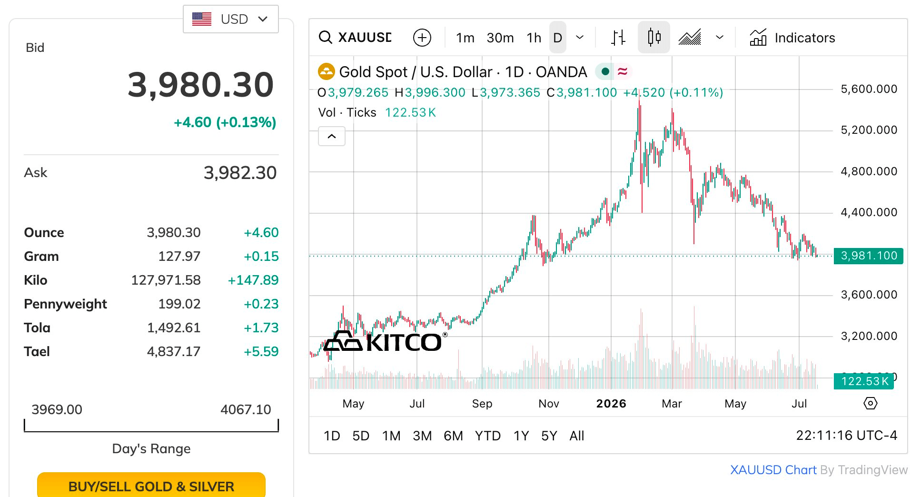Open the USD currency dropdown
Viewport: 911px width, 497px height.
231,19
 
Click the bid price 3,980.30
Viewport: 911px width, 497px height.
201,85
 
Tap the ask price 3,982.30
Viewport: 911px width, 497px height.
240,173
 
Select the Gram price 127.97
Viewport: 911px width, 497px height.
179,256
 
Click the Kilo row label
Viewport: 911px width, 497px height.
36,280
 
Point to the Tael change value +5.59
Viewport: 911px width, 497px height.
261,351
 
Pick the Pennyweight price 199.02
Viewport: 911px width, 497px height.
179,304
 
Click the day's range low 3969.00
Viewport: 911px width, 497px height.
57,409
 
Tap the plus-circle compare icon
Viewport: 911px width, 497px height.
422,37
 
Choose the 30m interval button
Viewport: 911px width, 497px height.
500,38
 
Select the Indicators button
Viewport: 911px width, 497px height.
792,38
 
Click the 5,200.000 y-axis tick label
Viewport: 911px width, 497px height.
869,130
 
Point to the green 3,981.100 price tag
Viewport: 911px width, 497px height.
869,256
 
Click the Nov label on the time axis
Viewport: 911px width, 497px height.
548,404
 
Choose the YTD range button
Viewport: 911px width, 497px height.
487,436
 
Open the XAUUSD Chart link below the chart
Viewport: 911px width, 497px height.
773,470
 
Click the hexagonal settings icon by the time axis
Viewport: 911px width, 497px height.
870,404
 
